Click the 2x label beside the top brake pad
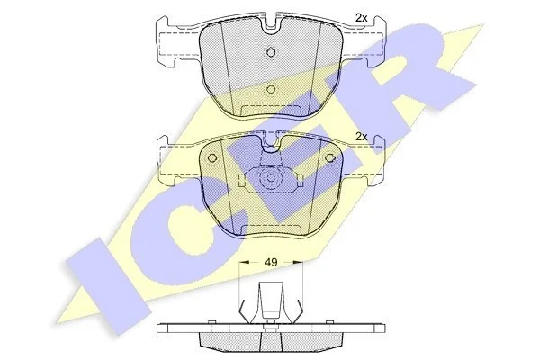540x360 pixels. click(361, 18)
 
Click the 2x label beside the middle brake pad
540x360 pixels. click(361, 137)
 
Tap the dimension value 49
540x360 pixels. click(271, 263)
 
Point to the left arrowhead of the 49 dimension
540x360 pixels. click(244, 263)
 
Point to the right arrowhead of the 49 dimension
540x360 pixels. click(298, 263)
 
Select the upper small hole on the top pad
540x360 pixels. click(272, 52)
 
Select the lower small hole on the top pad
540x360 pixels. click(272, 89)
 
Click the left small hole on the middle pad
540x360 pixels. click(212, 158)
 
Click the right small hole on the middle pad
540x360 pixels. click(330, 158)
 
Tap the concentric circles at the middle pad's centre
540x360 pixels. click(270, 179)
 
